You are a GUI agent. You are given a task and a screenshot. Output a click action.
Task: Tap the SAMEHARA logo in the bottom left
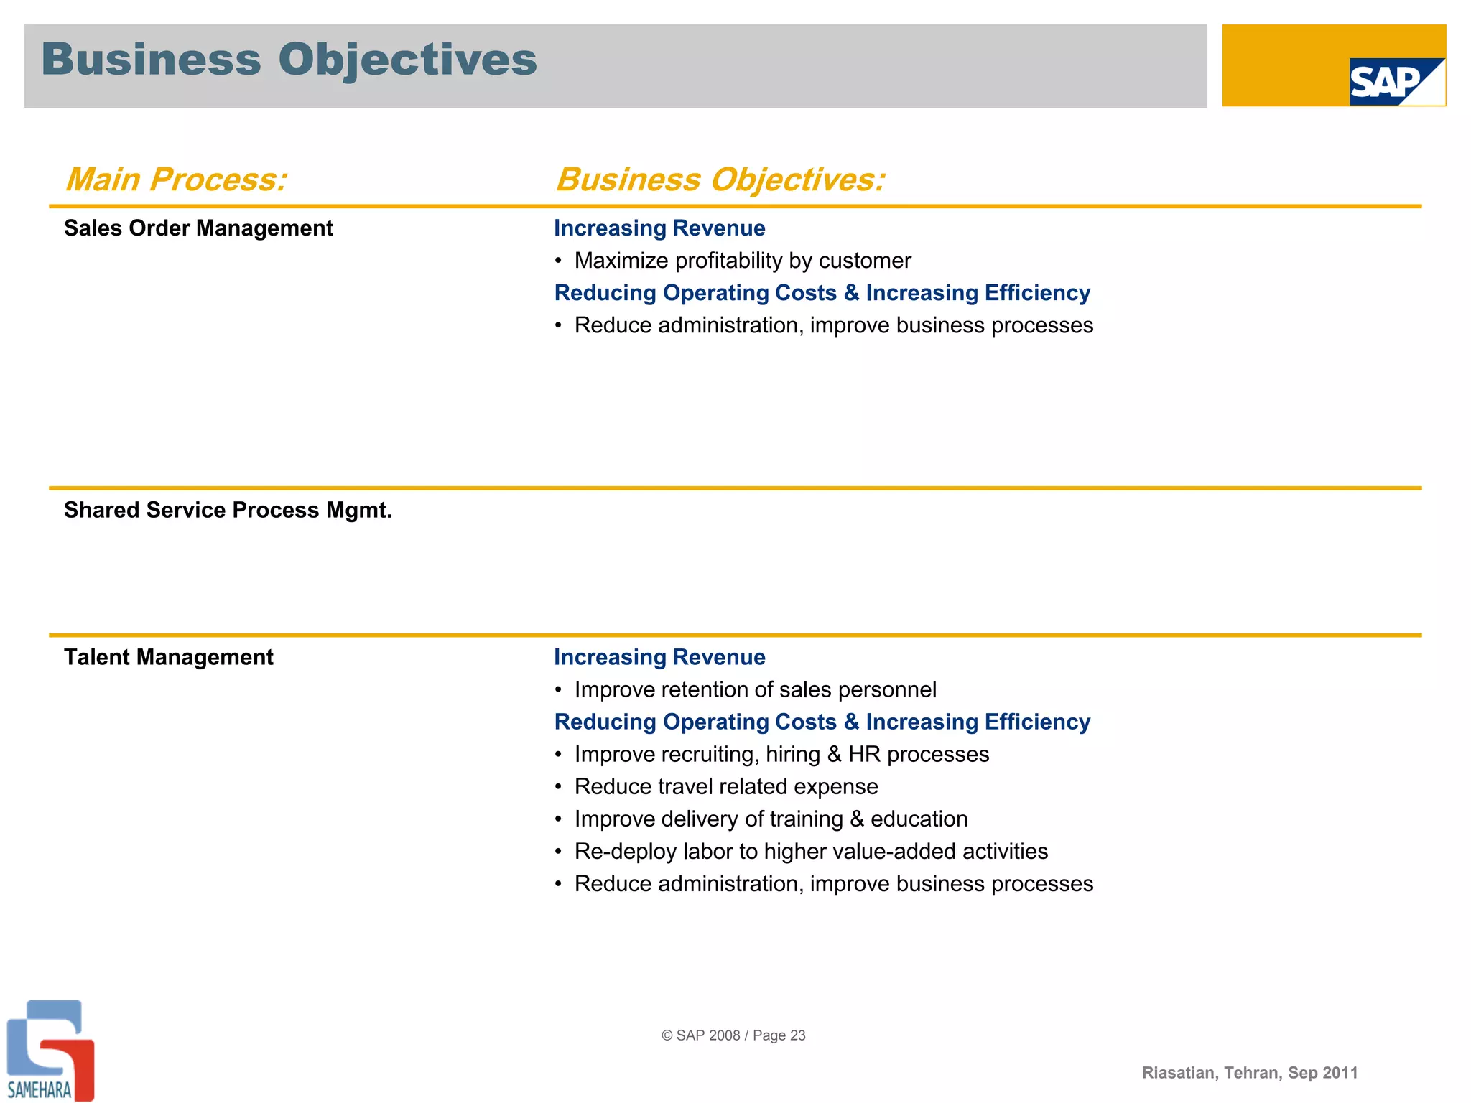(49, 1050)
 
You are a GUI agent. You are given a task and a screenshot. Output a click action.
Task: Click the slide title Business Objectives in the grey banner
(289, 60)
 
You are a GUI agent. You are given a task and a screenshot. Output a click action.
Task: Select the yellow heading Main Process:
(176, 180)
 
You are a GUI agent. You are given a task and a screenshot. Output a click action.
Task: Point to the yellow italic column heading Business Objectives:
(720, 180)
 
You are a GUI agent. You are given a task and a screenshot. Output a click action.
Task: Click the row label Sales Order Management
(198, 228)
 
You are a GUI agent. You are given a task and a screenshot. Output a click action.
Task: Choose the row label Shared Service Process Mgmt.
(228, 511)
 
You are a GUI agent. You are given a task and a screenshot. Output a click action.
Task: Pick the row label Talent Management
(168, 658)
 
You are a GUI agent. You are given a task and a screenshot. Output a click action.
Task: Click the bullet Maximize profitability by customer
(742, 261)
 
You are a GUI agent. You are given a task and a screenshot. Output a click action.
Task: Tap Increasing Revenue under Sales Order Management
(659, 228)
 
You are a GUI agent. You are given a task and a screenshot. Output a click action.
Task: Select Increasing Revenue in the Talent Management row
(659, 658)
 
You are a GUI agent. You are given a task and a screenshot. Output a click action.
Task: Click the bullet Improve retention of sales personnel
(755, 690)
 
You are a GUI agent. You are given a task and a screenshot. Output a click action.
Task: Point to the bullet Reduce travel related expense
(725, 787)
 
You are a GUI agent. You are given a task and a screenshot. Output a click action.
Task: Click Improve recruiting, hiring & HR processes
(781, 755)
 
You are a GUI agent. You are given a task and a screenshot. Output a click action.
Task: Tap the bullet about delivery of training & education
(771, 819)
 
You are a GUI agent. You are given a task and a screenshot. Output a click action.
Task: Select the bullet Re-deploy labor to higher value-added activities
(811, 852)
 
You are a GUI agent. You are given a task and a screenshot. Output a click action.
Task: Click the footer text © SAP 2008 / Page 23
(733, 1035)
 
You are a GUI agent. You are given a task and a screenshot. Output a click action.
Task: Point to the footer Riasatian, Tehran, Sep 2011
(1250, 1073)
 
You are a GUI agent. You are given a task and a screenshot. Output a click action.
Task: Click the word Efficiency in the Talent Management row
(1037, 722)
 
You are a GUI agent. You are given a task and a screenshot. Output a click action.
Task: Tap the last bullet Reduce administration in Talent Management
(833, 884)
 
